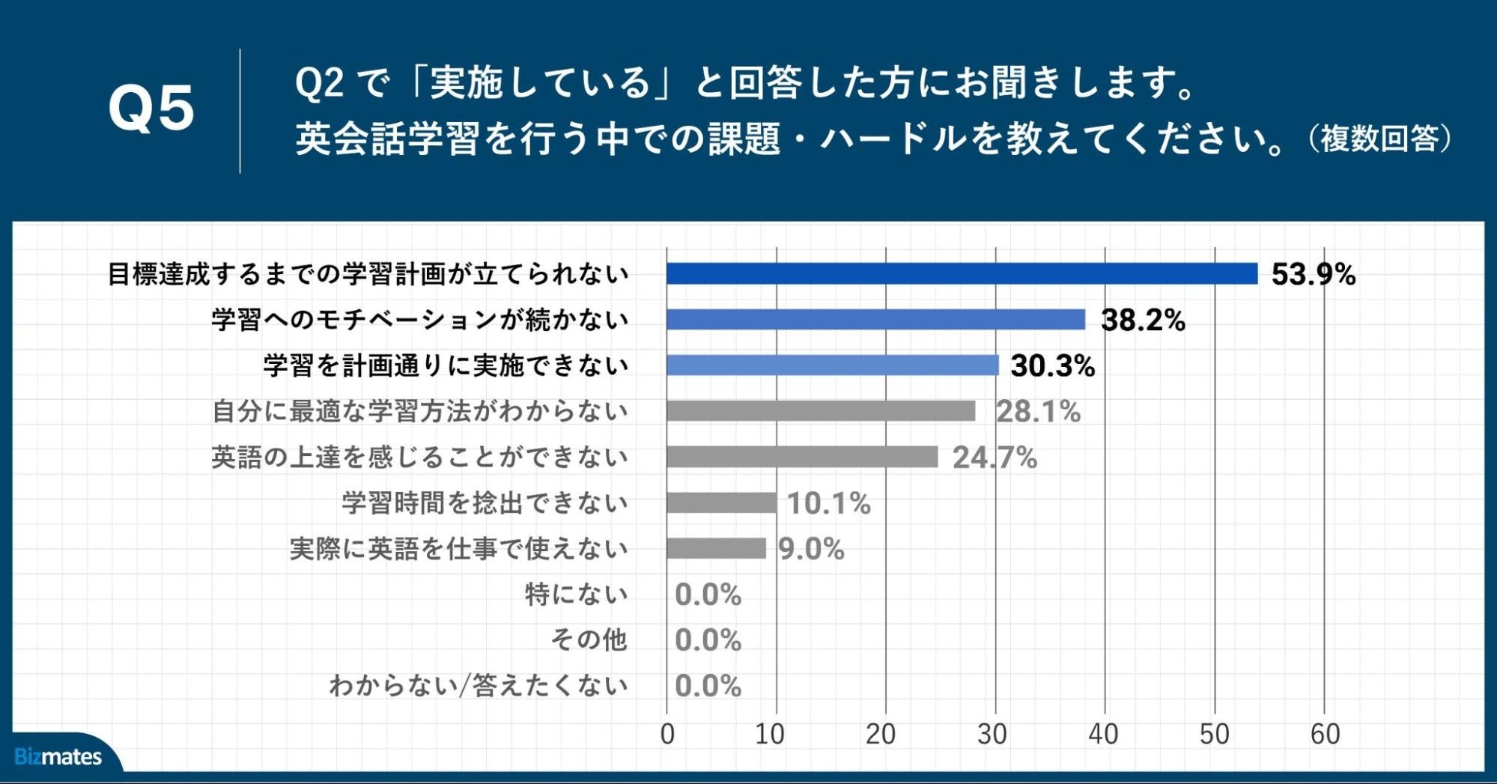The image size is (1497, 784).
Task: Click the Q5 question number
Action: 151,109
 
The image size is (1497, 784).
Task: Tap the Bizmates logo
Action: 58,756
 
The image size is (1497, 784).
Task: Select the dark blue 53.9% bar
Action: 962,274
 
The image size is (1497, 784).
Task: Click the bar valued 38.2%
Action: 875,320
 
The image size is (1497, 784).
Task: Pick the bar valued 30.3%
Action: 832,365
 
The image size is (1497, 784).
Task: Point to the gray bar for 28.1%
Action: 821,411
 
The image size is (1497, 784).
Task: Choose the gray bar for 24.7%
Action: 802,457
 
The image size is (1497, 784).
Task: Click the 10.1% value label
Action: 828,503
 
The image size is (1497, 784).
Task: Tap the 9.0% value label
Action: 811,549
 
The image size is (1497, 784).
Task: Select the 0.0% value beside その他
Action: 708,640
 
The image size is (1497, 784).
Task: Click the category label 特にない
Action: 576,595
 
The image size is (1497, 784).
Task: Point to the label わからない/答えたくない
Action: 478,686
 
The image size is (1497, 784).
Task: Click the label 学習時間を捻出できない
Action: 485,503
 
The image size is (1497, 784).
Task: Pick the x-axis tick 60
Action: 1324,735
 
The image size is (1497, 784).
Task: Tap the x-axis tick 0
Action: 667,735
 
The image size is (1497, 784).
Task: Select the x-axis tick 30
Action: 992,735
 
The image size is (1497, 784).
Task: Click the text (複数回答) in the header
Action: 1379,139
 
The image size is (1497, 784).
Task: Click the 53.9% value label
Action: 1313,274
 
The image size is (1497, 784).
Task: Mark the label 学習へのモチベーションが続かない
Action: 419,320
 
